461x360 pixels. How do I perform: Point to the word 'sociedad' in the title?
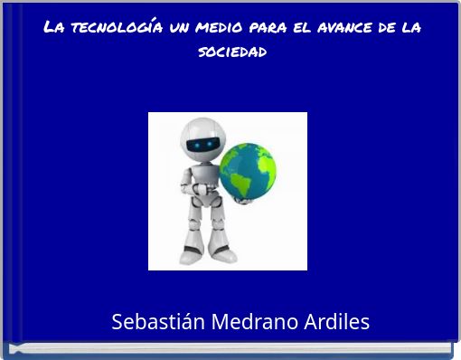pyautogui.click(x=231, y=51)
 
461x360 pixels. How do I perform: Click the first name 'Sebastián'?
pyautogui.click(x=157, y=322)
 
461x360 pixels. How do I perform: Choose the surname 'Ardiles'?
pyautogui.click(x=337, y=322)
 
